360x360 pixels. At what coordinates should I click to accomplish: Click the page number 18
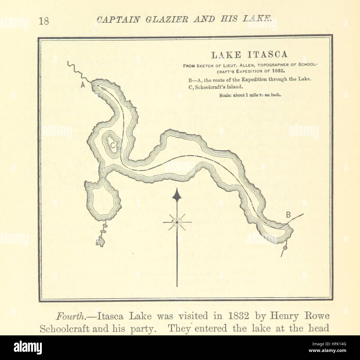coord(44,20)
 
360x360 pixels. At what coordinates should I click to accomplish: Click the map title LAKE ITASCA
coord(249,55)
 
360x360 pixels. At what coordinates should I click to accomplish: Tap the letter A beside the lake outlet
coord(83,86)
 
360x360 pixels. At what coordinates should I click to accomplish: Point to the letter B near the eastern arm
coord(288,214)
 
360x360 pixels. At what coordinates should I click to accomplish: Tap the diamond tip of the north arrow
coord(177,196)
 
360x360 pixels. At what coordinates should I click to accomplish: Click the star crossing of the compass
coord(177,222)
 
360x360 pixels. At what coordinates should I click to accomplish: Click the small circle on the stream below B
coord(284,247)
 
